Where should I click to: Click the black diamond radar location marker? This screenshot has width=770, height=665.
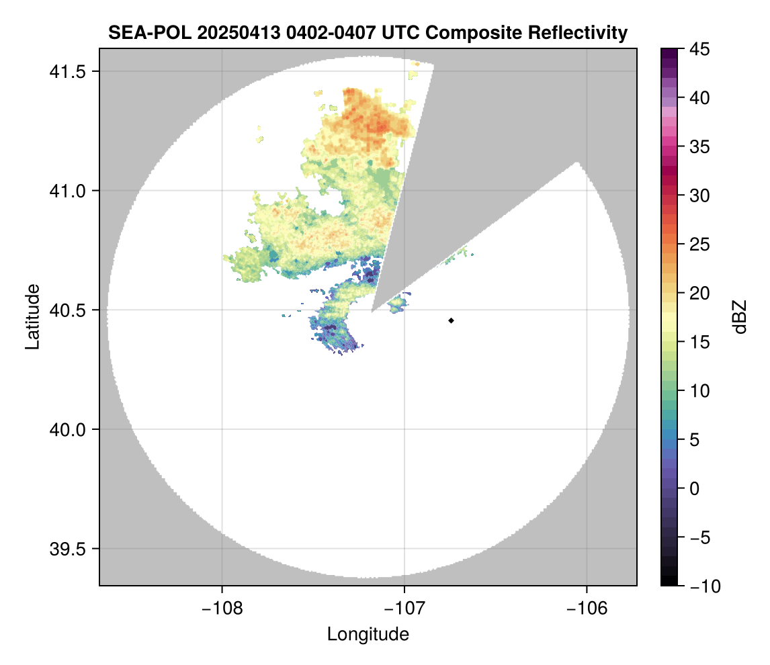(x=452, y=320)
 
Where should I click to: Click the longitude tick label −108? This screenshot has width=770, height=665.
(x=222, y=609)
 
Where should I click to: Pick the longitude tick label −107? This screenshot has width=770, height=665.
(x=404, y=609)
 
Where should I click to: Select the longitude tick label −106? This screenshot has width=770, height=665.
(x=587, y=609)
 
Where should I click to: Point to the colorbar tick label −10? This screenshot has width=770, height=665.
(x=702, y=586)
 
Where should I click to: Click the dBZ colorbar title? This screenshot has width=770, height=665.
(x=740, y=317)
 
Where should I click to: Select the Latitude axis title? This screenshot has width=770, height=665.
(x=32, y=316)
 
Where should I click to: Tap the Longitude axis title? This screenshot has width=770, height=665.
(x=368, y=634)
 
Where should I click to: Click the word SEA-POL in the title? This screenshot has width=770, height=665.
(x=144, y=33)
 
